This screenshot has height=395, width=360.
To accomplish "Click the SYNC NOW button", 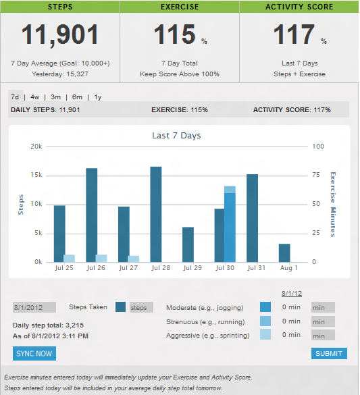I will click(34, 354).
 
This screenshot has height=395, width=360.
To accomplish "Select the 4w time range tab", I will click(35, 97).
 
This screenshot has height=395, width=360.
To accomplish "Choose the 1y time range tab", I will click(98, 97).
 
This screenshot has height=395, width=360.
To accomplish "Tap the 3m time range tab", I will click(55, 97).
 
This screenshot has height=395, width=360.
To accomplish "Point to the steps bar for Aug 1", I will click(284, 253).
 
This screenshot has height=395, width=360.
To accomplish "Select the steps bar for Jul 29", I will click(188, 244).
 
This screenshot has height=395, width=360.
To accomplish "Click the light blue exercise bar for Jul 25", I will click(70, 258).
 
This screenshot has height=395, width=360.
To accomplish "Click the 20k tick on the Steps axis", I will click(36, 147).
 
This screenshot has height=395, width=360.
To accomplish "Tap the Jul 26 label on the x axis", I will click(96, 268).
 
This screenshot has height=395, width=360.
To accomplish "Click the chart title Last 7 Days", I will click(176, 135).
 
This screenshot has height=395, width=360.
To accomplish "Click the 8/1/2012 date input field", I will click(34, 307).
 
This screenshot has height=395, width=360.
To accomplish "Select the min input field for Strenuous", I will click(323, 321).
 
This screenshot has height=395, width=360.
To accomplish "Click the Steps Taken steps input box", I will click(142, 307).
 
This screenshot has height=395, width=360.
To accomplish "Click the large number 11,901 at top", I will click(60, 35).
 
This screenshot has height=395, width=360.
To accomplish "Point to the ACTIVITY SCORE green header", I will click(299, 7).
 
